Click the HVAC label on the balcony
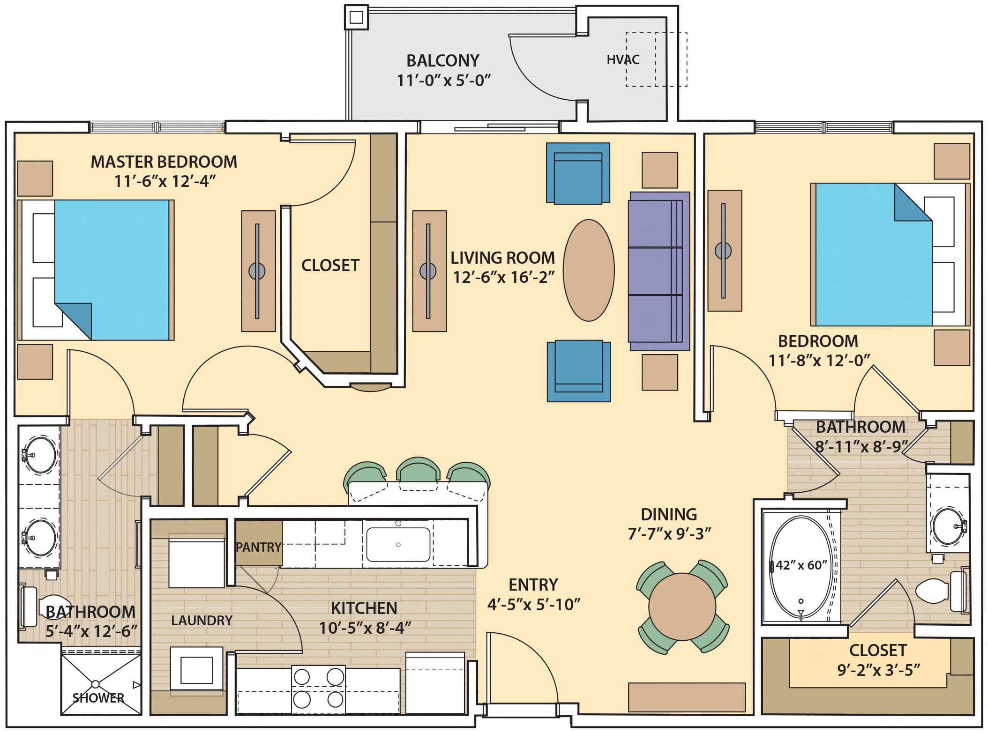623,59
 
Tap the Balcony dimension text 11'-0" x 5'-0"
443,81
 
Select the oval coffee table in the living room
589,270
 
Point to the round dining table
682,607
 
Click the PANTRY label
258,547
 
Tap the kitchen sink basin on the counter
398,544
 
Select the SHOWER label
98,698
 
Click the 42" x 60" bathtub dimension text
801,565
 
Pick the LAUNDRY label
202,621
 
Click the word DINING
669,514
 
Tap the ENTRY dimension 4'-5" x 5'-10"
533,605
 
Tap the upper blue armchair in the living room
578,173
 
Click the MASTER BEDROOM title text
164,162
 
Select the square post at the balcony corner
356,18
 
